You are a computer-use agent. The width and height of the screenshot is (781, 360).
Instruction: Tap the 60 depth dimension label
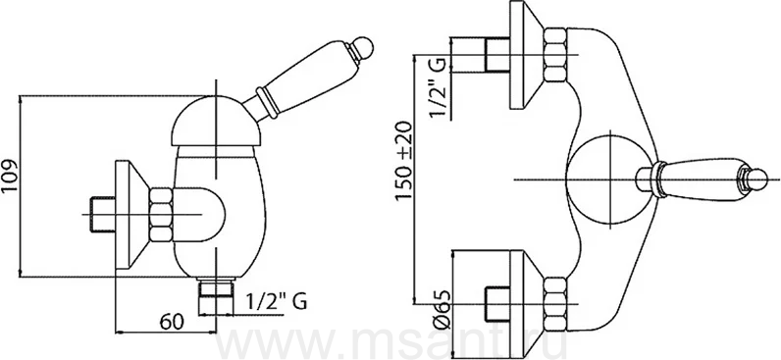pos(172,322)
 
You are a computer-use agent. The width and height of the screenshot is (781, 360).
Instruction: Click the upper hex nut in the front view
pos(554,55)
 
